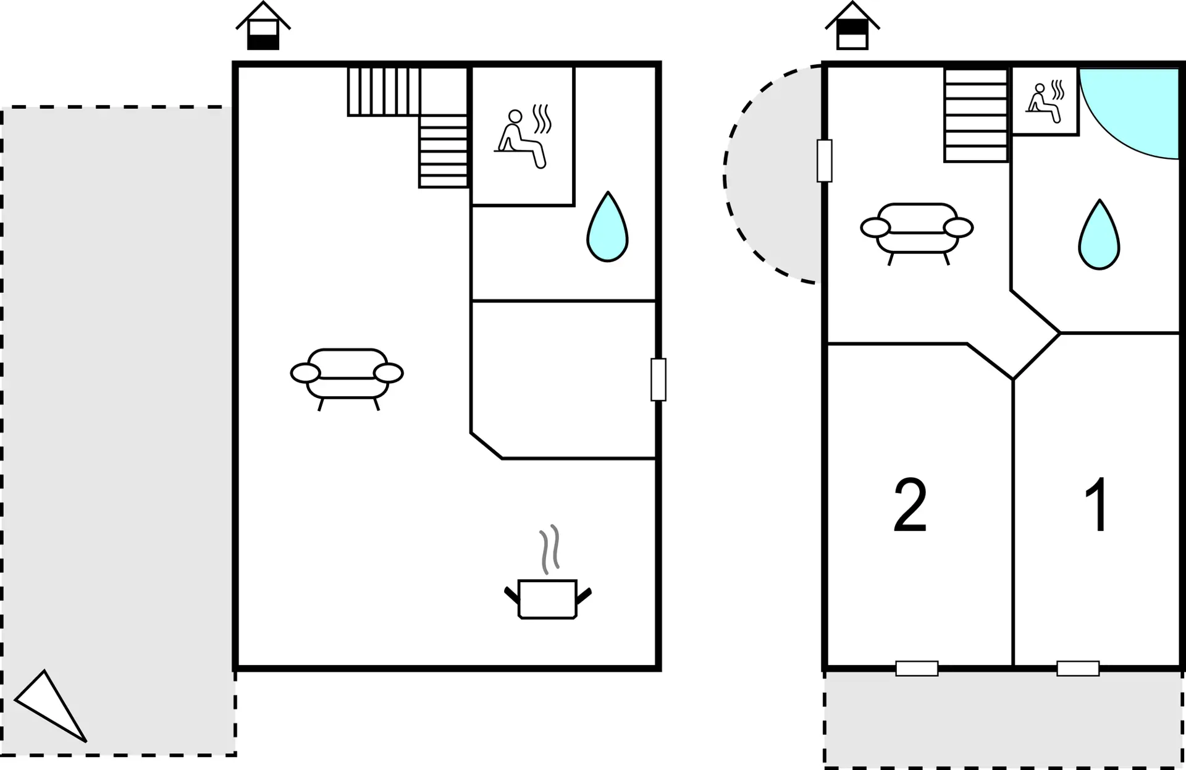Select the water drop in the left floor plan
click(607, 227)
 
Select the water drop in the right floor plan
click(1099, 235)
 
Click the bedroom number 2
click(911, 506)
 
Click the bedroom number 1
click(1097, 504)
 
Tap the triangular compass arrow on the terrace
click(51, 705)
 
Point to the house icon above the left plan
click(263, 25)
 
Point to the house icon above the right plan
click(852, 25)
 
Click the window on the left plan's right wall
click(658, 379)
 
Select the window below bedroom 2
click(917, 668)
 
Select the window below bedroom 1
click(1078, 668)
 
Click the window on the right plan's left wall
click(825, 161)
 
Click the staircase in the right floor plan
click(977, 115)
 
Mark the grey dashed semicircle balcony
click(772, 175)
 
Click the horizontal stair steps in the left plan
click(443, 151)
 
